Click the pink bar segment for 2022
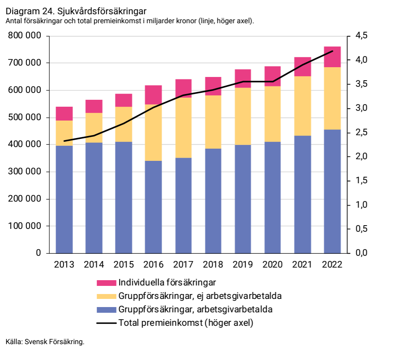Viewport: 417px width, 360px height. [332, 57]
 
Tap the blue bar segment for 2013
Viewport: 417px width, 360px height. [64, 199]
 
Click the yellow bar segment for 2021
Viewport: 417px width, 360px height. [303, 106]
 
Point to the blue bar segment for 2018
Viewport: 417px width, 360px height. [213, 201]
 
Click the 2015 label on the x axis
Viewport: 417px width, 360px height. [124, 265]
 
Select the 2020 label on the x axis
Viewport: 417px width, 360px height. [272, 265]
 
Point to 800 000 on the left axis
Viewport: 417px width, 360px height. [24, 36]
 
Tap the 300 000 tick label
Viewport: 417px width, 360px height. [24, 172]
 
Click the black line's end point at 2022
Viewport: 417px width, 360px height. [333, 51]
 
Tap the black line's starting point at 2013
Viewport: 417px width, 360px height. [64, 141]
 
